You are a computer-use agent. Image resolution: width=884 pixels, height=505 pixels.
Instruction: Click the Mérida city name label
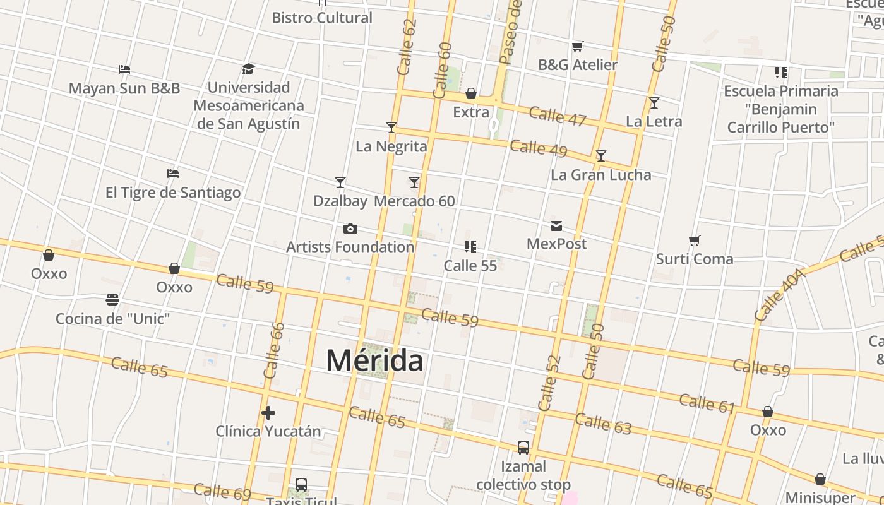[x=374, y=360]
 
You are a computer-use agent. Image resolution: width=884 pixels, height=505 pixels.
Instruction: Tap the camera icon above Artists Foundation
[x=350, y=229]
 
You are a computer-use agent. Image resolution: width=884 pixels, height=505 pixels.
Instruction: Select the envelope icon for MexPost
[x=556, y=225]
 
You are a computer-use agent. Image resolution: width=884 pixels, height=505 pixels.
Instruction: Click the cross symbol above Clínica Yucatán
[x=268, y=413]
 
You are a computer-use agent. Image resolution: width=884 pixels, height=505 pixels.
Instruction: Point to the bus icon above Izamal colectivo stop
[x=523, y=448]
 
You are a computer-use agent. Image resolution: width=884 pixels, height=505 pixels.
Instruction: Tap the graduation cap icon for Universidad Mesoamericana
[x=248, y=69]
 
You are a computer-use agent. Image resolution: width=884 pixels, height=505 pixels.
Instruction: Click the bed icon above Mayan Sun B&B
[x=124, y=69]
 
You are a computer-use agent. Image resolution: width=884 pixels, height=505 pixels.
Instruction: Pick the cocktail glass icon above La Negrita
[x=391, y=128]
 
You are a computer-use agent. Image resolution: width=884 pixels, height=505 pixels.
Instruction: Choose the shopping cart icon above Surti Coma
[x=695, y=241]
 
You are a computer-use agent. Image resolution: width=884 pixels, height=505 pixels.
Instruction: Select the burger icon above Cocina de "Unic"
[x=112, y=299]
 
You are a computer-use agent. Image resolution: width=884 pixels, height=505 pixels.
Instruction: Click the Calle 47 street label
[x=558, y=116]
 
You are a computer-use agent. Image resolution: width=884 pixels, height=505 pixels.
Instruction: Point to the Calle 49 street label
[x=539, y=148]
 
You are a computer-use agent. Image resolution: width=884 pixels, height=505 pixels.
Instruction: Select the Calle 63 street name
[x=603, y=424]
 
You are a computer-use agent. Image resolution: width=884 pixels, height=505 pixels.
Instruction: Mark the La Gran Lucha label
[x=600, y=175]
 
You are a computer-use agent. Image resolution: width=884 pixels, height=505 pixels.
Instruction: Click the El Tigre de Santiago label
[x=173, y=193]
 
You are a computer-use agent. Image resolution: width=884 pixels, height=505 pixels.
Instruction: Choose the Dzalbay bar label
[x=340, y=201]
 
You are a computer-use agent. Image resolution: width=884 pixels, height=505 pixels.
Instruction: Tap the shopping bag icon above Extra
[x=471, y=94]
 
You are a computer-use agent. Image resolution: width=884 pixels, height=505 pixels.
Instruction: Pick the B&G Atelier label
[x=578, y=64]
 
